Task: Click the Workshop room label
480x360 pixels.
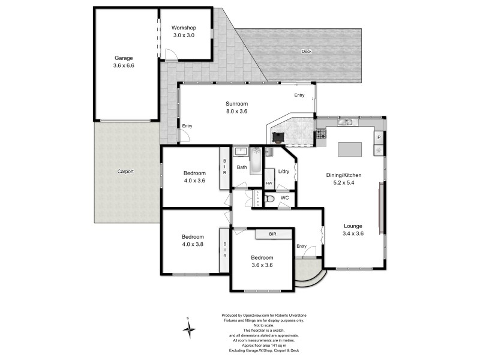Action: [x=184, y=28]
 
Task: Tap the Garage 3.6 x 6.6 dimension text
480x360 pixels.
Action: [x=124, y=65]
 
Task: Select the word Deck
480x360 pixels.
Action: [x=307, y=52]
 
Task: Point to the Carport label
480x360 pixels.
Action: [x=125, y=172]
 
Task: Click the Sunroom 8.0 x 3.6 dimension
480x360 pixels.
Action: [x=236, y=112]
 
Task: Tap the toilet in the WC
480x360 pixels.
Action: [x=269, y=199]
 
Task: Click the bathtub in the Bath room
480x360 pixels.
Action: [x=256, y=161]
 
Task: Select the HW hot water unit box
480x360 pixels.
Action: [x=269, y=178]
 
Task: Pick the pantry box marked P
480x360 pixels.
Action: [x=379, y=137]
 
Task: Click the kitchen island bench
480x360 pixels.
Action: [x=350, y=149]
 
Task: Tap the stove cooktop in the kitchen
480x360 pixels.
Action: [x=321, y=134]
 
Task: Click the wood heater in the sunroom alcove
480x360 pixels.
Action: [x=278, y=137]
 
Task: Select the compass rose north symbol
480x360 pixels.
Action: [x=189, y=329]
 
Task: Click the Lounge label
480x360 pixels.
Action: [x=353, y=226]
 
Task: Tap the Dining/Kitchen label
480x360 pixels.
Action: [x=344, y=175]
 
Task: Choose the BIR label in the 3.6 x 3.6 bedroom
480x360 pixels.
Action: [x=273, y=234]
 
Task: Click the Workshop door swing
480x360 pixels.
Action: [x=171, y=54]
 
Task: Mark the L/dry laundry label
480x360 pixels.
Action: [x=284, y=172]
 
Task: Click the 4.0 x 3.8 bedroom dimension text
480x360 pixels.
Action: [x=193, y=244]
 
